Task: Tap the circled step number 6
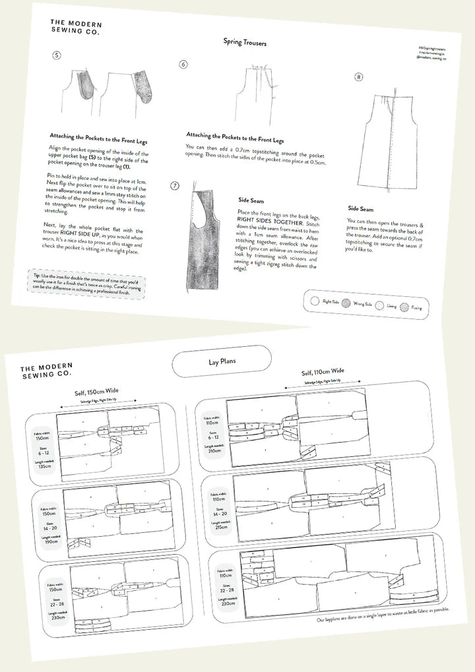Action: click(183, 65)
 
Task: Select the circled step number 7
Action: click(175, 186)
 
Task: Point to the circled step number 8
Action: click(358, 77)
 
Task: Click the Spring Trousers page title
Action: click(245, 43)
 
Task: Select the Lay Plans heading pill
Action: click(222, 362)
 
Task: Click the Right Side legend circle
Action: click(314, 301)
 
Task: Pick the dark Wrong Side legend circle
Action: click(346, 304)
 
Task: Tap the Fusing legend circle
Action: click(404, 307)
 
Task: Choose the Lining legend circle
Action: click(377, 305)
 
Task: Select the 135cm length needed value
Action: click(44, 466)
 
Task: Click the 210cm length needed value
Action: click(214, 451)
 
